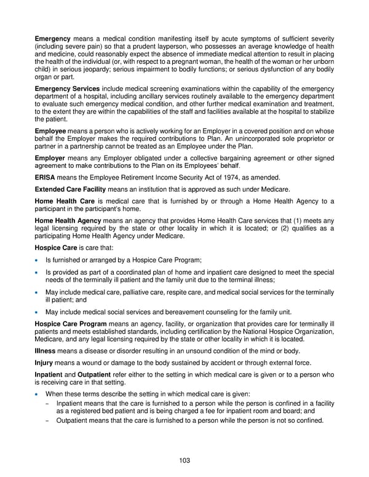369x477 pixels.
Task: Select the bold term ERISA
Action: click(45, 177)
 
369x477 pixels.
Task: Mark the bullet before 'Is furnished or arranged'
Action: click(38, 261)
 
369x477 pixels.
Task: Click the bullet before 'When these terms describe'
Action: click(38, 393)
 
